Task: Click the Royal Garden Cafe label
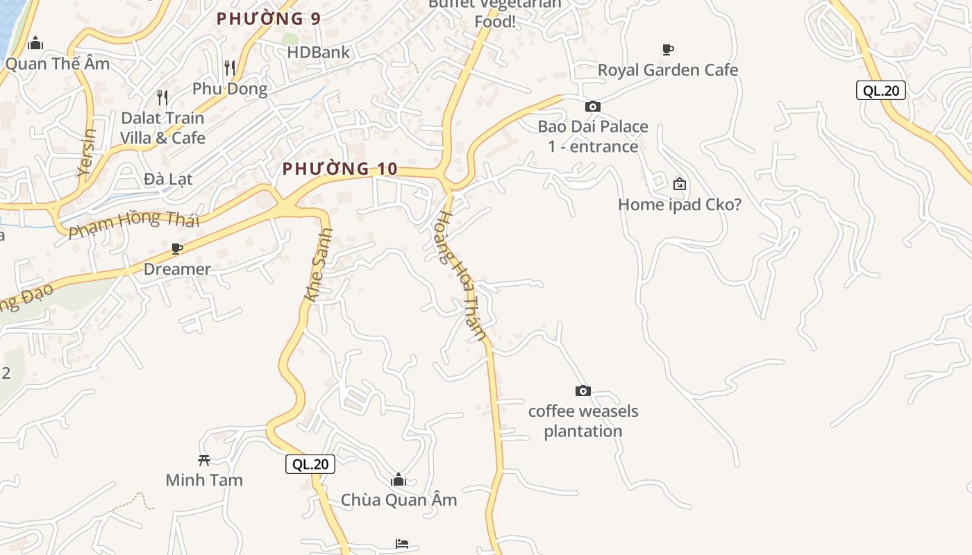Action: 667,70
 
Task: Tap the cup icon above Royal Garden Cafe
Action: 667,49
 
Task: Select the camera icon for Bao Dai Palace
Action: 592,106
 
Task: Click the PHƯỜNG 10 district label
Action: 340,169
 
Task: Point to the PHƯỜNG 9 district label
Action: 269,19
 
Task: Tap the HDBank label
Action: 319,52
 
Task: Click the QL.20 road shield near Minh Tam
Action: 310,464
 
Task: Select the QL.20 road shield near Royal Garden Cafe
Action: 881,89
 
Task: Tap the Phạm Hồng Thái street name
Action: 134,224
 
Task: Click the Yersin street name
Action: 87,152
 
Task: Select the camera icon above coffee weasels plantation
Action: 583,391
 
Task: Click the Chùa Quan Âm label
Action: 399,499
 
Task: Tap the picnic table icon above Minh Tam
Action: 204,459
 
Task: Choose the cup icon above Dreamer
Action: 177,248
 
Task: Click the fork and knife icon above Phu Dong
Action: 230,67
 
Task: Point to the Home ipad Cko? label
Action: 680,205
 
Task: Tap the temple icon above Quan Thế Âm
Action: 35,44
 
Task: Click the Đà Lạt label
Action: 168,179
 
